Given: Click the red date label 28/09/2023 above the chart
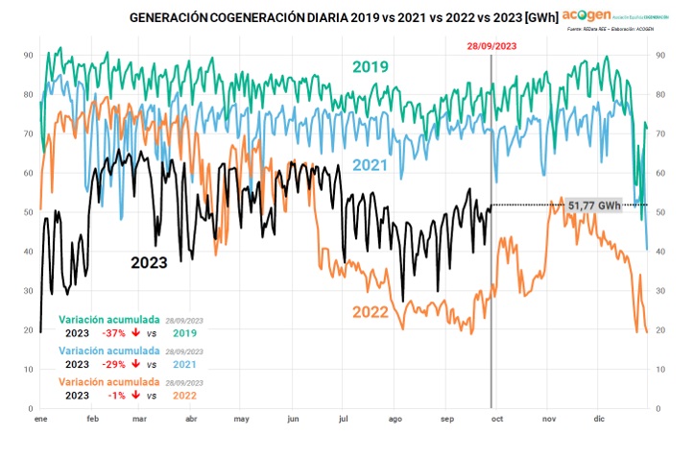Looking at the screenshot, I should [x=491, y=46].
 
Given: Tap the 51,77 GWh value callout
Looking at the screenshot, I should [x=594, y=205].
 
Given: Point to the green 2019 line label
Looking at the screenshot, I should [x=370, y=67].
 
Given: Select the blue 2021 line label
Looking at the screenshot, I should [x=370, y=165].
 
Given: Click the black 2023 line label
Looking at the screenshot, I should [x=149, y=262].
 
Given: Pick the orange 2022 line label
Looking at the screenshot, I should [x=370, y=312].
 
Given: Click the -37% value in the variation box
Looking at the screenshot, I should [x=113, y=332].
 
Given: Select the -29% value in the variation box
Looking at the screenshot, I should [x=113, y=364].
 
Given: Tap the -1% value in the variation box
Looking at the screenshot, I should [x=116, y=395].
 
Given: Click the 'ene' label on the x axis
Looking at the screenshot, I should [x=40, y=420].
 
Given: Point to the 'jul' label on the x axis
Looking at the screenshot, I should [x=345, y=420].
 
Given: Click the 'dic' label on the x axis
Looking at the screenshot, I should [x=600, y=420].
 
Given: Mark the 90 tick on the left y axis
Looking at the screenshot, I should [x=29, y=56].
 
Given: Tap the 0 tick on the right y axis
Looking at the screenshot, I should [x=658, y=408].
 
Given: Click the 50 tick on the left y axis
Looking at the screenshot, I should [x=29, y=212].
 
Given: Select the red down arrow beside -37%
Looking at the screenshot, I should [x=136, y=332].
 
